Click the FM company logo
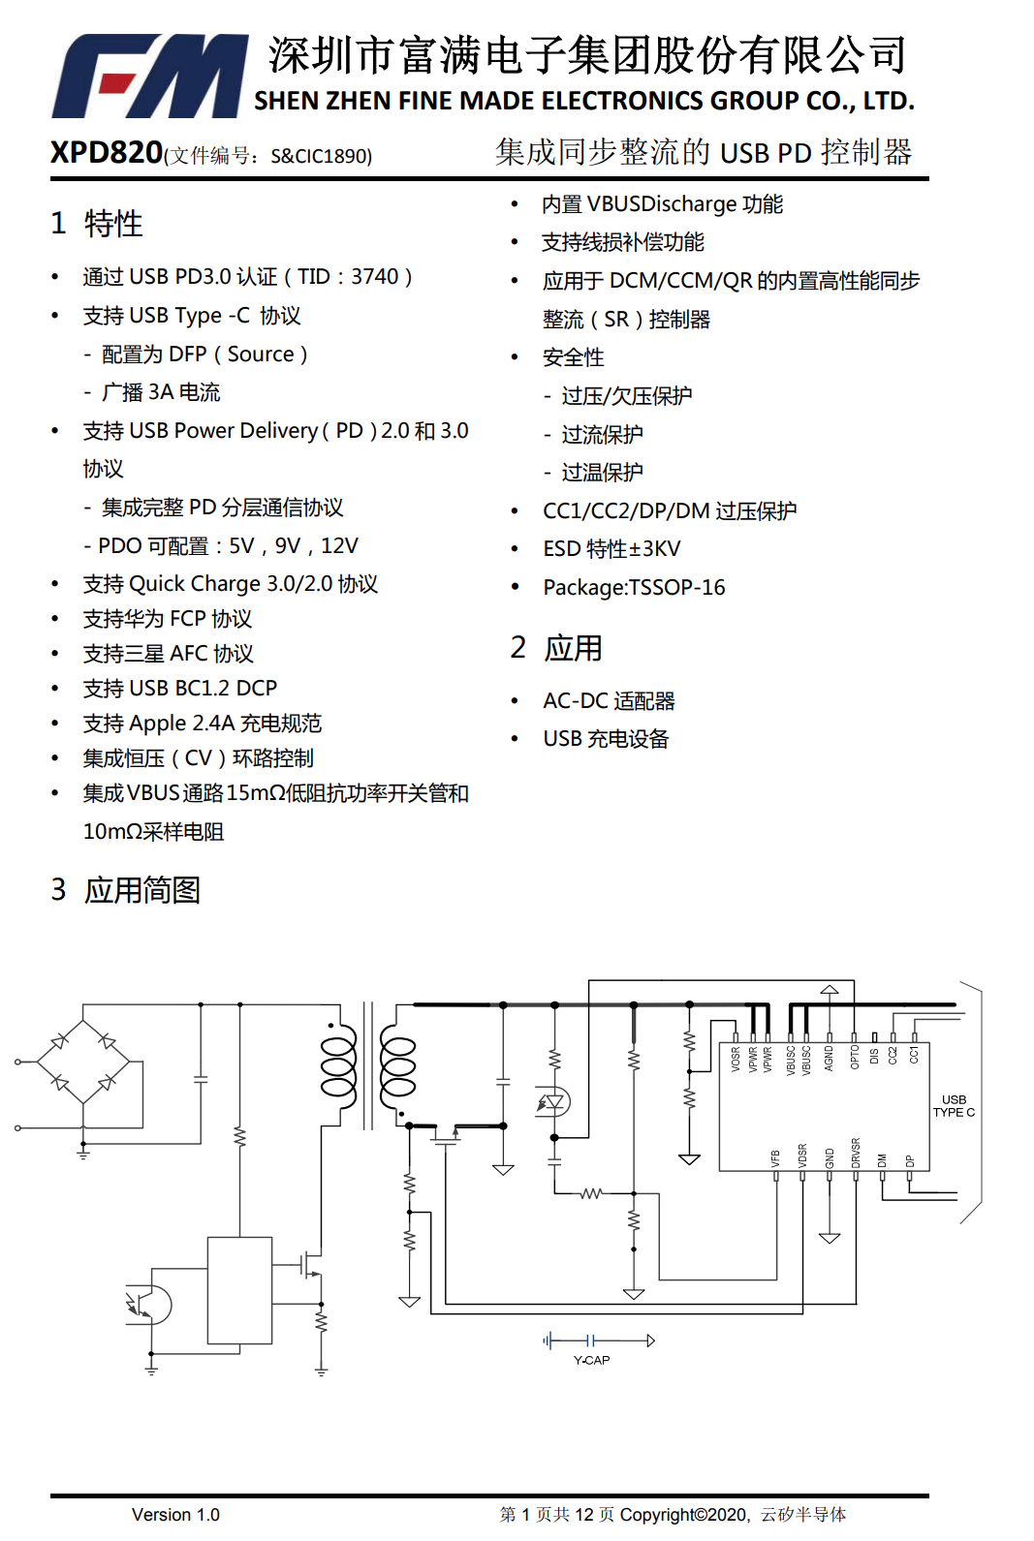click(150, 76)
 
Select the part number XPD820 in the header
click(107, 152)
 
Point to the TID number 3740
click(374, 277)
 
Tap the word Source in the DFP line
click(261, 354)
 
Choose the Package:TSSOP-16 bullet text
click(634, 588)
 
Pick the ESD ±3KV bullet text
click(611, 549)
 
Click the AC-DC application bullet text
click(609, 700)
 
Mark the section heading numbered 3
click(126, 889)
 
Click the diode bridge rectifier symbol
click(83, 1062)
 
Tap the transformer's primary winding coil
click(338, 1065)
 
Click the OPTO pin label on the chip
click(855, 1057)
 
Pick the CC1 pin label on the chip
click(913, 1055)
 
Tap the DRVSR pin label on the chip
click(856, 1153)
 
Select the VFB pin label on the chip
click(775, 1157)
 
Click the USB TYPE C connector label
click(954, 1106)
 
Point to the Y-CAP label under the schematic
click(591, 1360)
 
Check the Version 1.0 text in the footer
click(175, 1515)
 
